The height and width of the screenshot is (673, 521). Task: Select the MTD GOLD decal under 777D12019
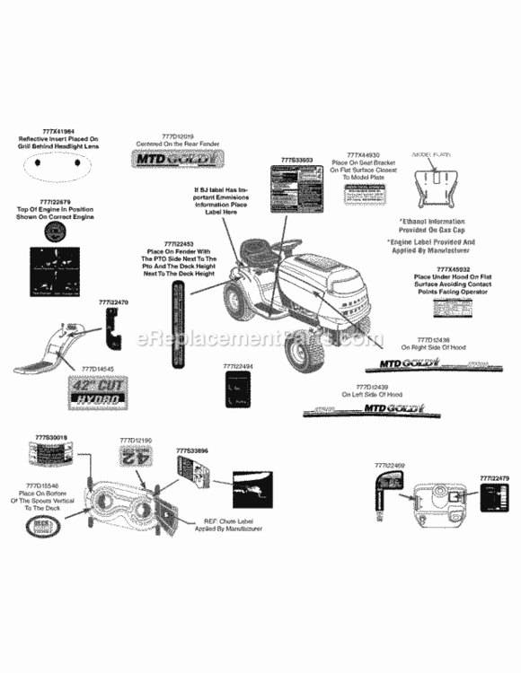point(175,160)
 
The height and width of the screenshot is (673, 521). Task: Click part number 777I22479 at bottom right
point(494,478)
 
